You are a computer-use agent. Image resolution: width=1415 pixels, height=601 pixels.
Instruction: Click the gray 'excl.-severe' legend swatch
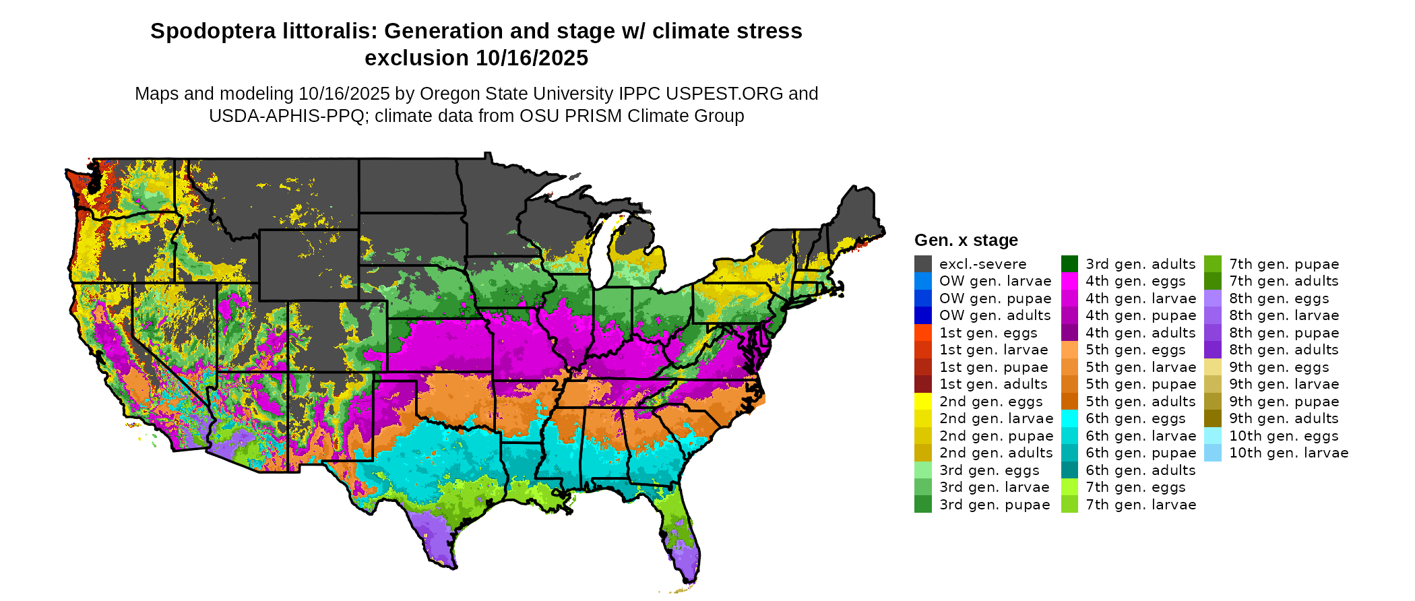(922, 264)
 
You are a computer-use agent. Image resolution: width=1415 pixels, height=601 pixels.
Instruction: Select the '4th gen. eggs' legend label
(1135, 281)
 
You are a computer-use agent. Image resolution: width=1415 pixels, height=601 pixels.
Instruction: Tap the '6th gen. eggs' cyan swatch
(1069, 418)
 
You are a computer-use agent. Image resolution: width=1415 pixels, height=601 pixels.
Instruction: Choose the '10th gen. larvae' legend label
(1288, 453)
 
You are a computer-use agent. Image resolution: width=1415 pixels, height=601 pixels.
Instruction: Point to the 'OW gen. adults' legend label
(995, 315)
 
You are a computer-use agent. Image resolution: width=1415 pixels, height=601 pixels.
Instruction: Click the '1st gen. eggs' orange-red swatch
(922, 333)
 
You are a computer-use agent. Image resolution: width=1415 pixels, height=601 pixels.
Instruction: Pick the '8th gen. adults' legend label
(1284, 350)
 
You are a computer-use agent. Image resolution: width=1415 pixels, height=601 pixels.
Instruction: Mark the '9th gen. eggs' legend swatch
(1213, 367)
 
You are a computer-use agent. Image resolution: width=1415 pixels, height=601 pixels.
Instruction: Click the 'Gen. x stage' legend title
(966, 241)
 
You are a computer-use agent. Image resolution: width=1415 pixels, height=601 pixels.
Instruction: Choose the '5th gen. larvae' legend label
(1141, 367)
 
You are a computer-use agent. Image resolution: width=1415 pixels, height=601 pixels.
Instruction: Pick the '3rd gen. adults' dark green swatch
(1069, 264)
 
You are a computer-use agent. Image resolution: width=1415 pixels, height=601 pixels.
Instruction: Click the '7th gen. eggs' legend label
(1135, 487)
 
